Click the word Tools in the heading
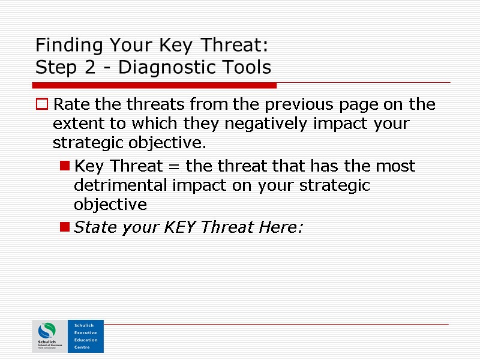point(247,67)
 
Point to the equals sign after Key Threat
point(173,166)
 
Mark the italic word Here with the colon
point(281,227)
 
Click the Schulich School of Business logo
point(49,336)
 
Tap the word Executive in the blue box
point(85,332)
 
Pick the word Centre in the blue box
point(82,347)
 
